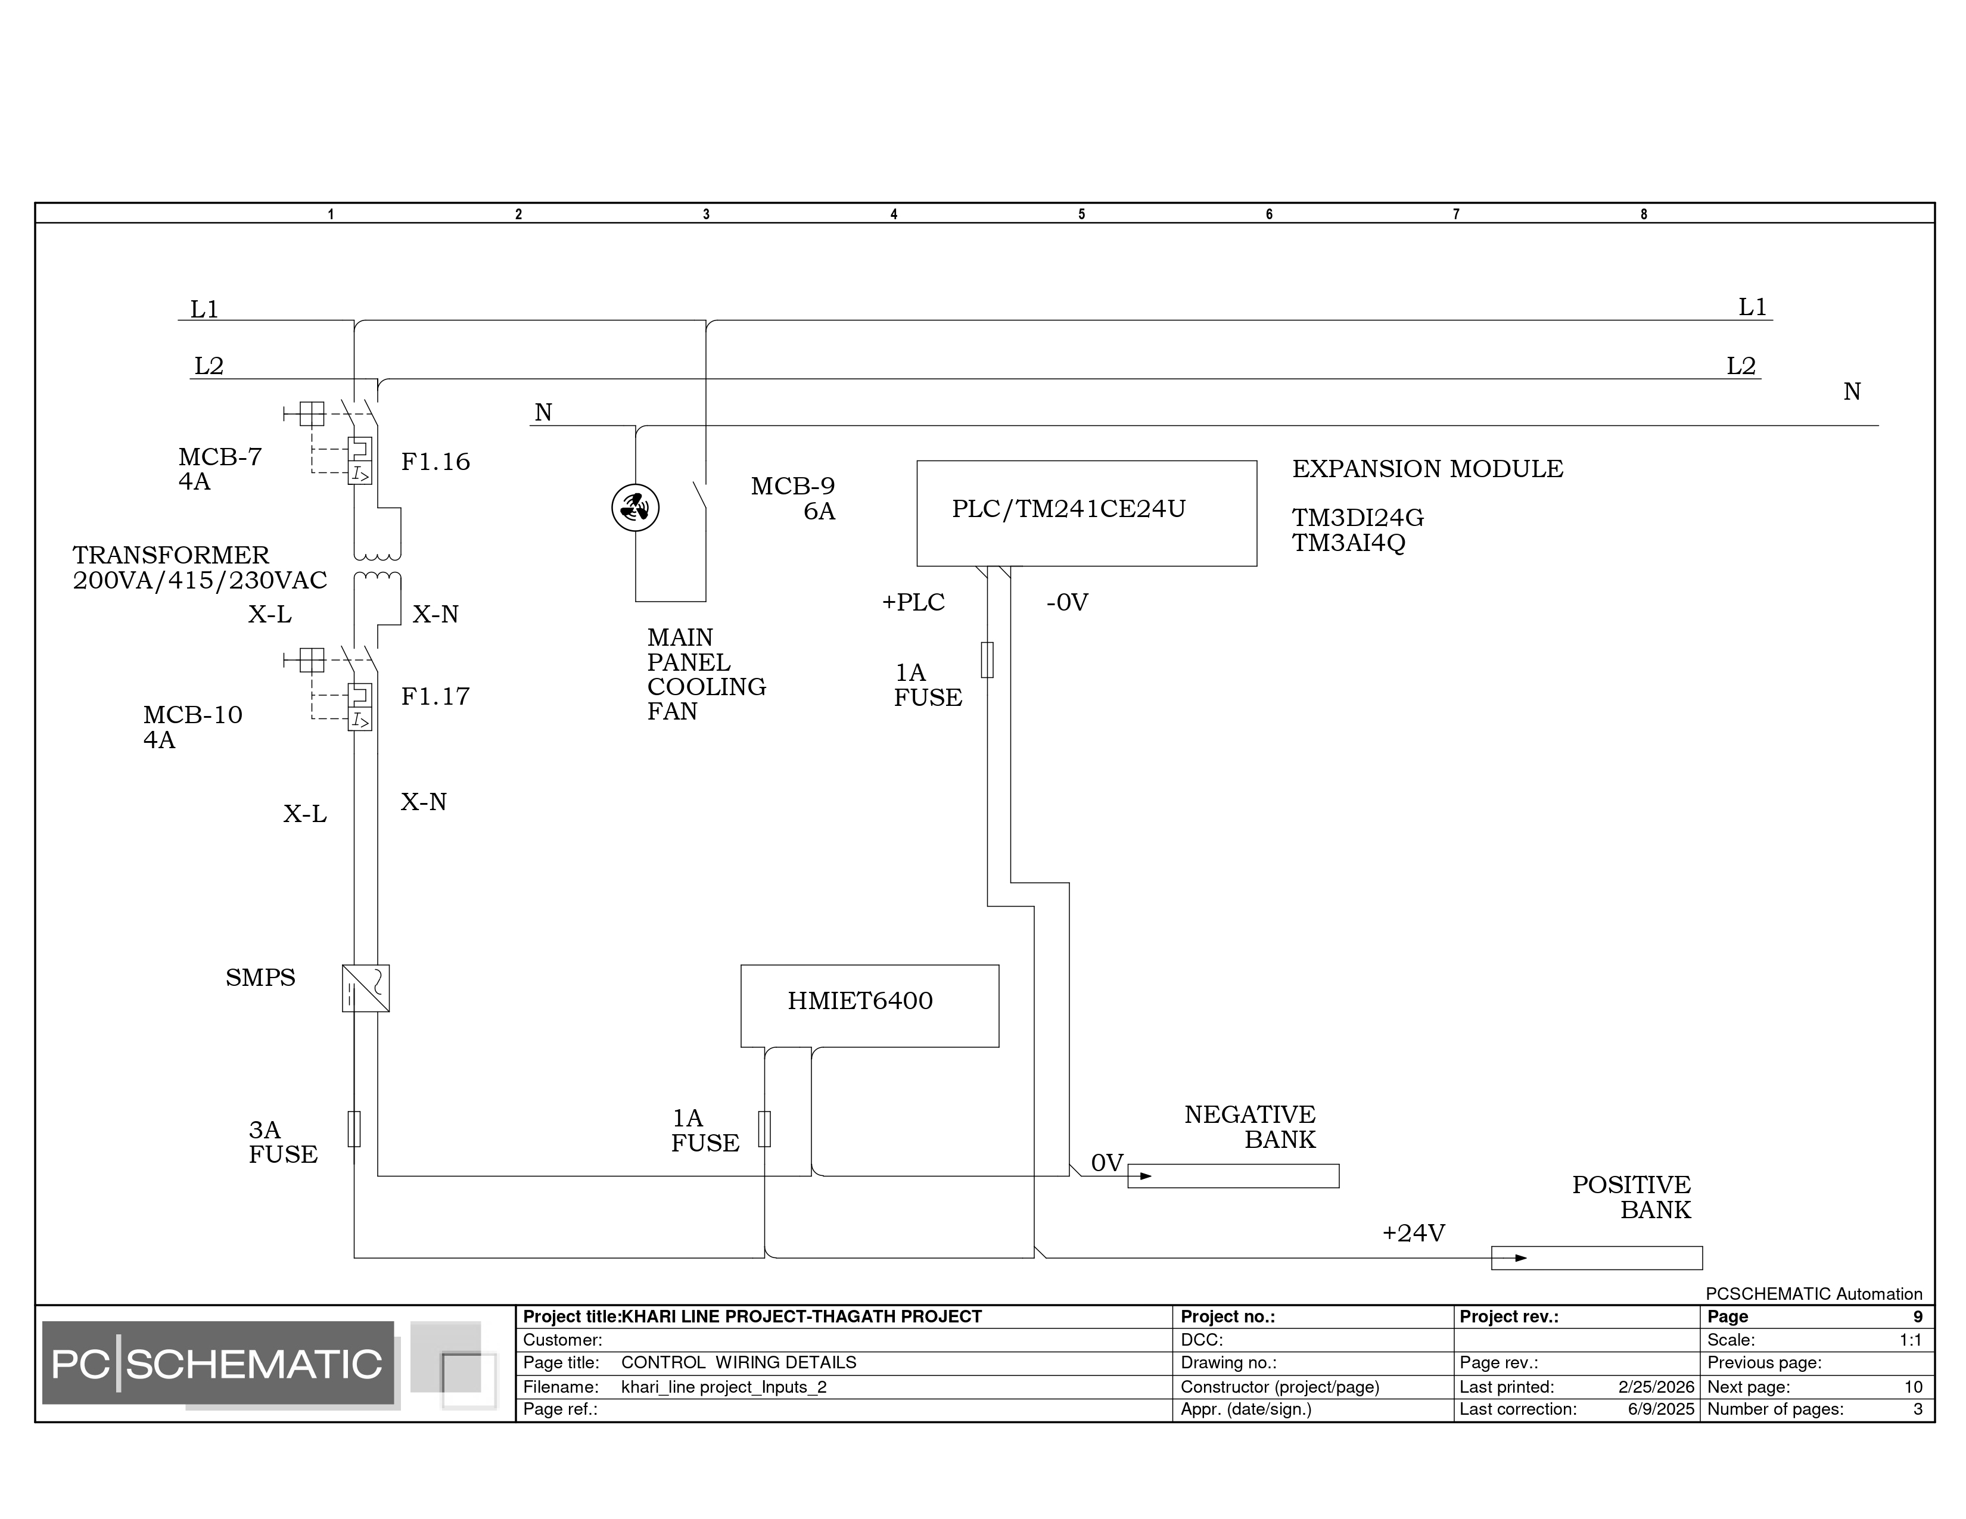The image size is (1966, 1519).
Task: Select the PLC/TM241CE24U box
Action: (x=1087, y=514)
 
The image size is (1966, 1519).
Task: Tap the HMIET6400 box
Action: (x=870, y=1006)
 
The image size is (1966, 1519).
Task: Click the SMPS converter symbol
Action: (x=365, y=988)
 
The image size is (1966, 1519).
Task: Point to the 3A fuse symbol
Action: (x=354, y=1128)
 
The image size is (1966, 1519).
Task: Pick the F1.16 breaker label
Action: (x=435, y=462)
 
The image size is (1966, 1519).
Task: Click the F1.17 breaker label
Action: (x=435, y=696)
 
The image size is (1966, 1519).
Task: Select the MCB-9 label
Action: (x=793, y=487)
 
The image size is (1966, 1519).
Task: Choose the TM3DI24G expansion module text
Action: (x=1358, y=518)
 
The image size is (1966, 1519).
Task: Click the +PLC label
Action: (x=914, y=602)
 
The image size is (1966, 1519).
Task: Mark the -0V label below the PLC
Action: (x=1068, y=602)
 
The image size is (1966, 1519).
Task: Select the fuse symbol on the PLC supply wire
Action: (x=988, y=659)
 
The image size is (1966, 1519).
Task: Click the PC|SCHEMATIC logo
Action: (x=218, y=1364)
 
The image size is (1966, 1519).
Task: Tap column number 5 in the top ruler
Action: (x=1082, y=214)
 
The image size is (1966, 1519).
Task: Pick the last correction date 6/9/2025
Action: (x=1661, y=1409)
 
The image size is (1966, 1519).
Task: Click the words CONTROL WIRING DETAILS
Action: (x=739, y=1362)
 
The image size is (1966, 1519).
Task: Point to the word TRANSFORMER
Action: (x=171, y=555)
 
